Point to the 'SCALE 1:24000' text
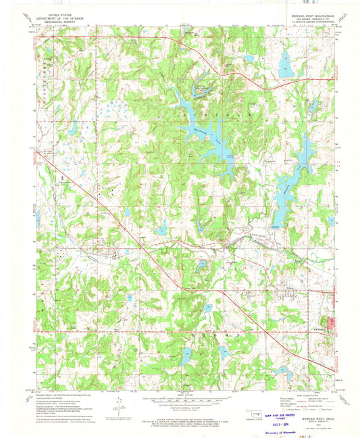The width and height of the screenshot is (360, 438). tap(180, 395)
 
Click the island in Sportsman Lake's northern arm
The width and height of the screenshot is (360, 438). tap(200, 89)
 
